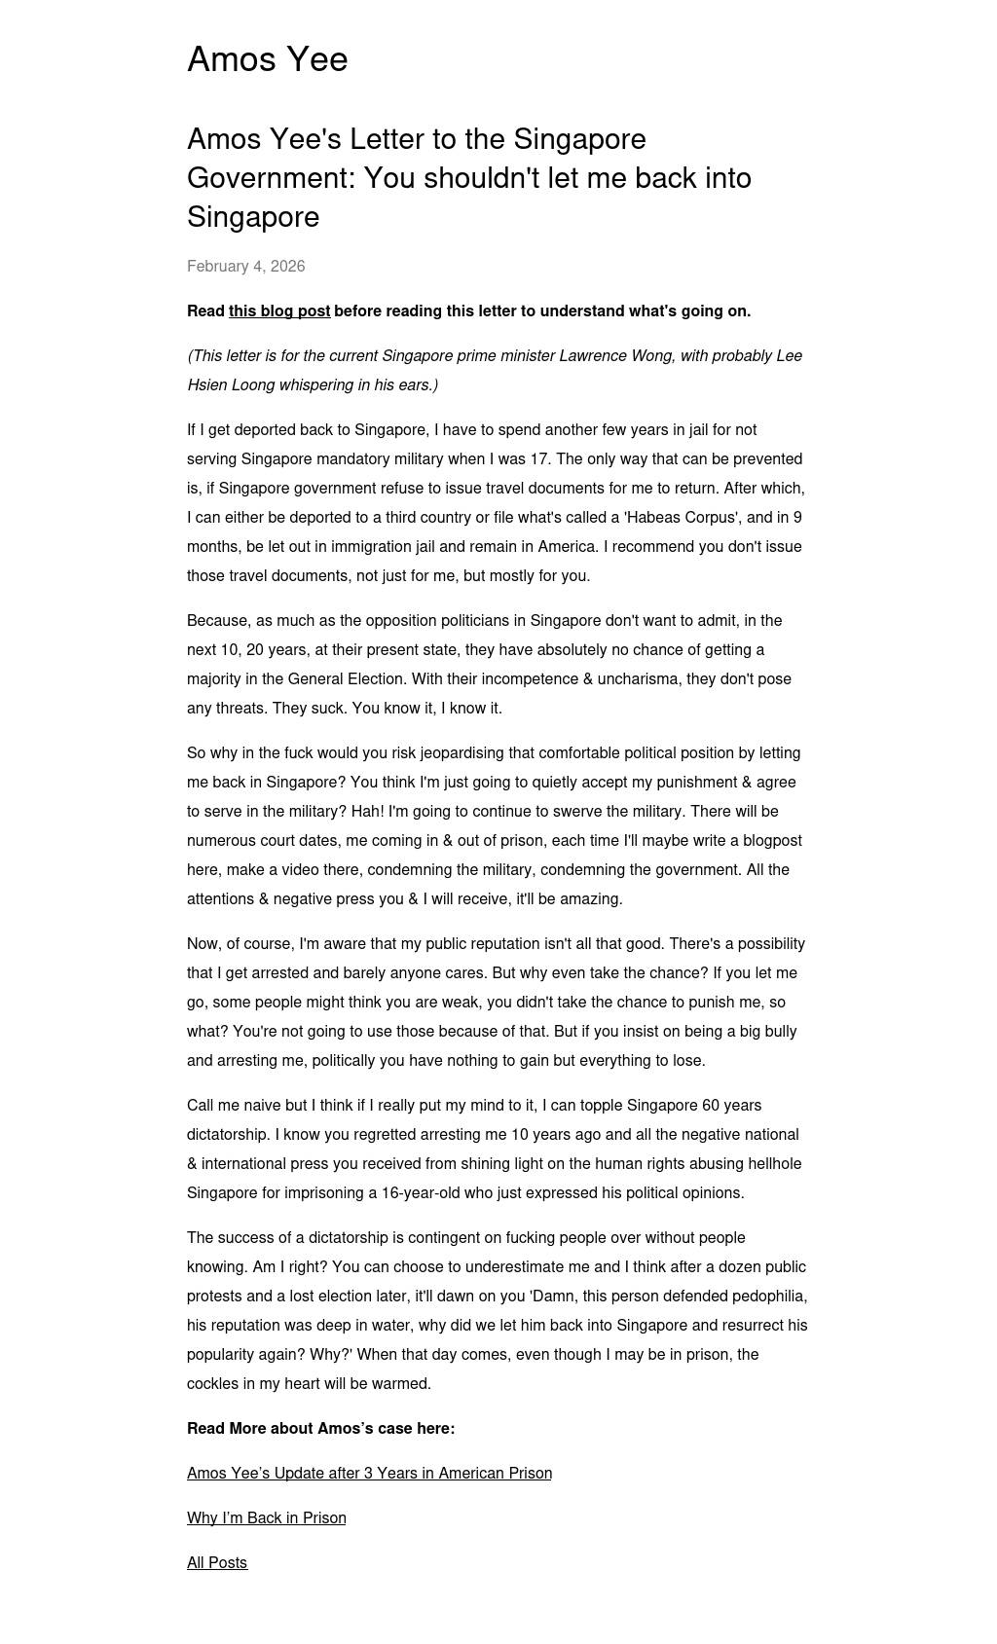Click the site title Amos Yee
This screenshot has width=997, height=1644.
tap(267, 59)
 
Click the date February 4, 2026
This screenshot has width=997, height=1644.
tap(245, 266)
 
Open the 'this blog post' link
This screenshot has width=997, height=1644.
tap(278, 311)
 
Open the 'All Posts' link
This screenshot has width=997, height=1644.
tap(217, 1562)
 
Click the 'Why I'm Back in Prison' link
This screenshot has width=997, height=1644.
tap(266, 1517)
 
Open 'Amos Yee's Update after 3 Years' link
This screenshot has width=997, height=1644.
tap(369, 1473)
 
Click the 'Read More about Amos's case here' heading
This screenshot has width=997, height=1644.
tap(320, 1428)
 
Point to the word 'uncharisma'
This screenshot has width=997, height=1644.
tap(639, 679)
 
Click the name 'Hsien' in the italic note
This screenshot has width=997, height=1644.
tap(207, 385)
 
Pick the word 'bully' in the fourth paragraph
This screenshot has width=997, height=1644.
tap(777, 1032)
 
